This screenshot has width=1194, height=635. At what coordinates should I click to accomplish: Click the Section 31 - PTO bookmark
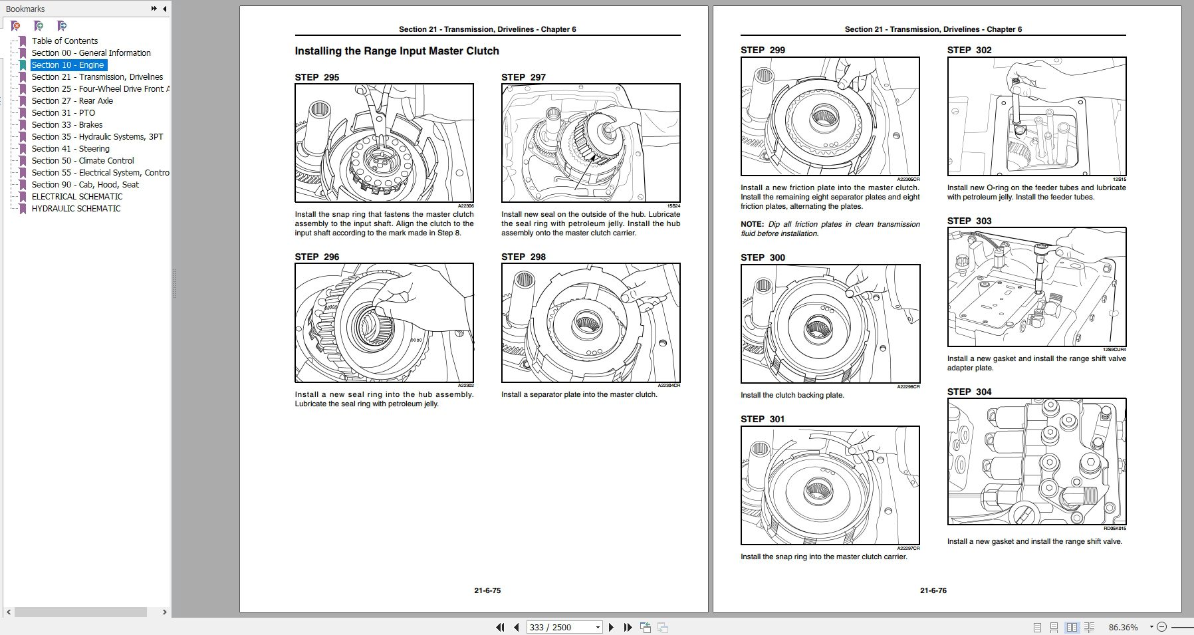coord(63,113)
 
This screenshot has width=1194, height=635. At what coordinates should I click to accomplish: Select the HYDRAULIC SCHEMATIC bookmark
coord(76,209)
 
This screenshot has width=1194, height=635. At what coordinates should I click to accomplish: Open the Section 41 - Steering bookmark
coord(70,149)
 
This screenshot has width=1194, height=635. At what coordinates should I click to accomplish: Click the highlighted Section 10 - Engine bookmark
coord(68,65)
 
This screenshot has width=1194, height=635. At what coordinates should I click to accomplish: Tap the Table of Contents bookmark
coord(64,41)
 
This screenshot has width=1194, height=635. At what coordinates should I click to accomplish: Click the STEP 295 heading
coord(317,77)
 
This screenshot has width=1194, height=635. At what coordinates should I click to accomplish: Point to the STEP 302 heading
coord(969,50)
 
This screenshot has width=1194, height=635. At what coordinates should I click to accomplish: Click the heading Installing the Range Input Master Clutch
coord(397,51)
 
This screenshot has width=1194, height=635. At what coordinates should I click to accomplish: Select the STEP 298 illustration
coord(590,323)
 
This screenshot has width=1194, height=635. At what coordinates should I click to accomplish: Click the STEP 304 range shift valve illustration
coord(1036,461)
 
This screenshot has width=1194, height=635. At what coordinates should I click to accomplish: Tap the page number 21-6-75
coord(487,590)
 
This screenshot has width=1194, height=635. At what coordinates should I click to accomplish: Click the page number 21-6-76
coord(933,590)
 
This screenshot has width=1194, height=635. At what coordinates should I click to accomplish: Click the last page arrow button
coord(628,627)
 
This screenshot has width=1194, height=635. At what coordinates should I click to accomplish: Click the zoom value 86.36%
coord(1123,627)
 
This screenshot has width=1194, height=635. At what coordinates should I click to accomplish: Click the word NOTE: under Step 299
coord(752,225)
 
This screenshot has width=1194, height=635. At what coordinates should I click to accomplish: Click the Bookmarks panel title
coord(25,9)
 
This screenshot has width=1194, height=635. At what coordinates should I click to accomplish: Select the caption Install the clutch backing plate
coord(792,395)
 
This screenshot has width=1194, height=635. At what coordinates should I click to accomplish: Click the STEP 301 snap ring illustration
coord(830,485)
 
